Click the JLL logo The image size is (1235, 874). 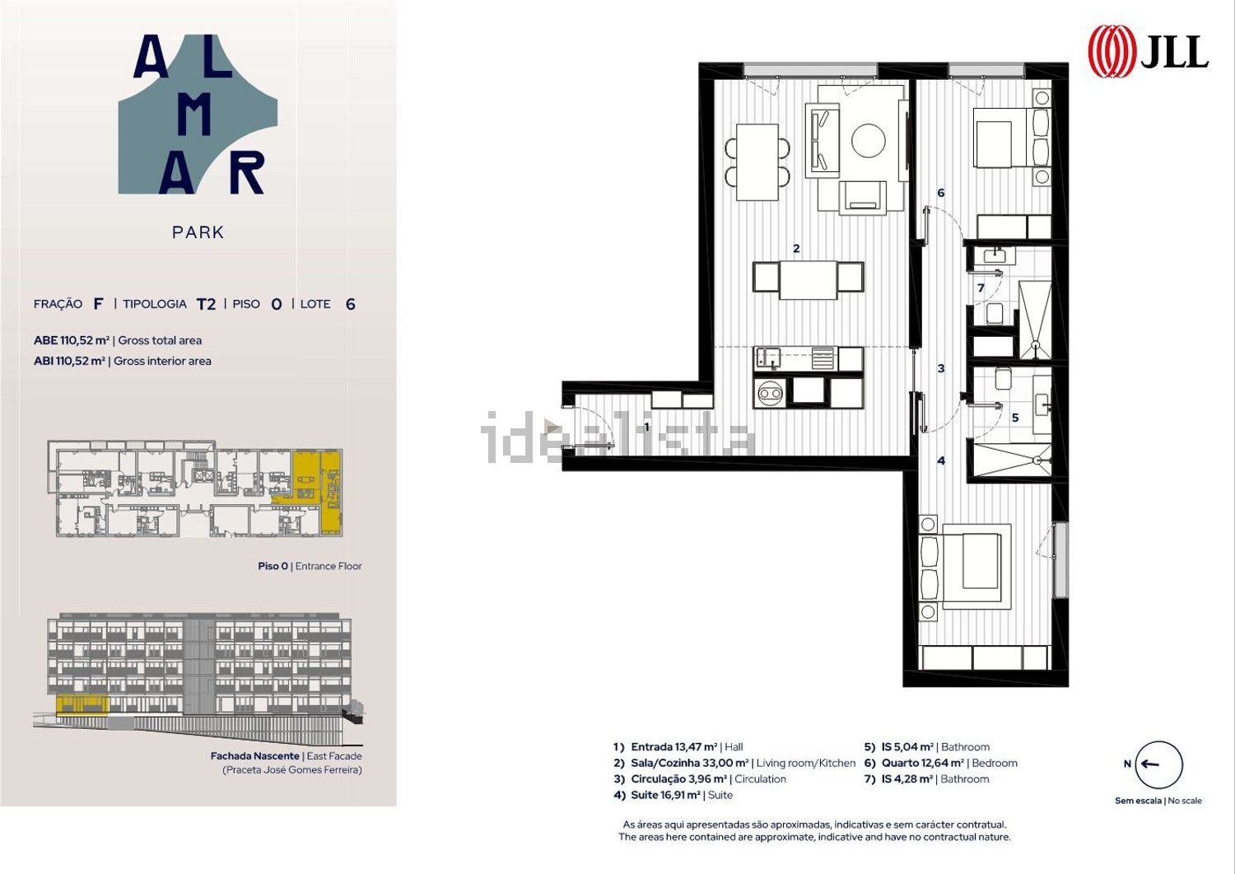(1148, 51)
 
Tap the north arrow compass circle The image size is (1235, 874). (1159, 764)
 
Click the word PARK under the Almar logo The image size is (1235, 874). (198, 232)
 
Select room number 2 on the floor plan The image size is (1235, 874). (796, 249)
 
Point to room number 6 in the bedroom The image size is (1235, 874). (940, 193)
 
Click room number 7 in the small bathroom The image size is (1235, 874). (981, 287)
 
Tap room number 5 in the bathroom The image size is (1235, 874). (1015, 418)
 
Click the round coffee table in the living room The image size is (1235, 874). (869, 140)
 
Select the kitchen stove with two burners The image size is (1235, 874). (771, 394)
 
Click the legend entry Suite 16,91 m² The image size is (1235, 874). (673, 795)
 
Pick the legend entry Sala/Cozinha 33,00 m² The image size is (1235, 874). (734, 763)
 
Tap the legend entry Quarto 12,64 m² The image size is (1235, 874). (940, 763)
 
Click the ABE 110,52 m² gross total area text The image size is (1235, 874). (118, 340)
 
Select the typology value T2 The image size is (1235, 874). (206, 304)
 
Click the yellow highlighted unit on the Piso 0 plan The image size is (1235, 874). (316, 490)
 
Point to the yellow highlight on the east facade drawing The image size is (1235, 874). (82, 704)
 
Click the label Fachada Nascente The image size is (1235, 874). (254, 756)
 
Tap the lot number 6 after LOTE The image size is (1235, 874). (350, 304)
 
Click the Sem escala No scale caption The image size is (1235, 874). (1158, 801)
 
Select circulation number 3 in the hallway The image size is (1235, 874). (940, 368)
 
